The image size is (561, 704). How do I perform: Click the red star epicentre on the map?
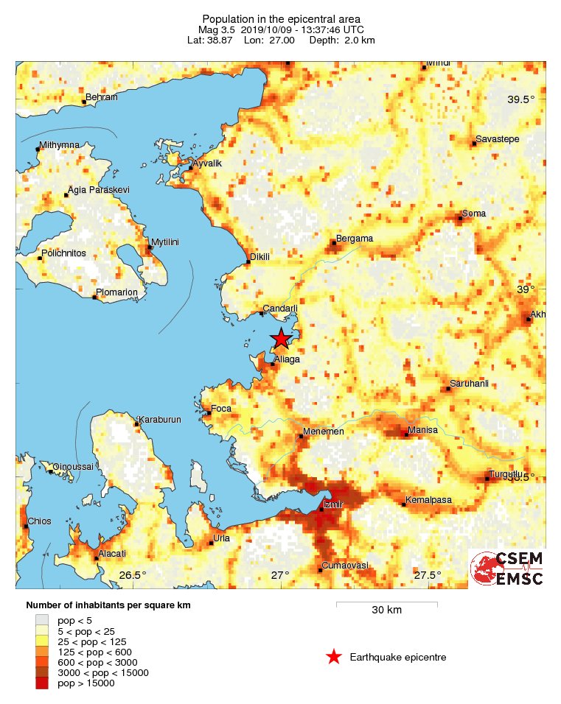[x=280, y=339]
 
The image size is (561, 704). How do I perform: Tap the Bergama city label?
[x=355, y=239]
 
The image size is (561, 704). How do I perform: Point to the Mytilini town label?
[x=165, y=242]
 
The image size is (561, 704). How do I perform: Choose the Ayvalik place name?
[x=206, y=163]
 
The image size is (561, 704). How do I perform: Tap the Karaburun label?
[x=160, y=420]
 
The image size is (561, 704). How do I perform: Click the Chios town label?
[x=39, y=521]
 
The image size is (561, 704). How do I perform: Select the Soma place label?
[x=473, y=214]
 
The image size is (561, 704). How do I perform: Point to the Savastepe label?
[x=495, y=138]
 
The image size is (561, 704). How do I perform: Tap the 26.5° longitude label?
[x=133, y=575]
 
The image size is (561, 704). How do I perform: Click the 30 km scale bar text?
[x=386, y=610]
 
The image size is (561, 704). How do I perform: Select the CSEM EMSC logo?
[x=508, y=569]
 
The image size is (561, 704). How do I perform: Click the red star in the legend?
[x=334, y=657]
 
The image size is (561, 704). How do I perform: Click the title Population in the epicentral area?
[x=281, y=18]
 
